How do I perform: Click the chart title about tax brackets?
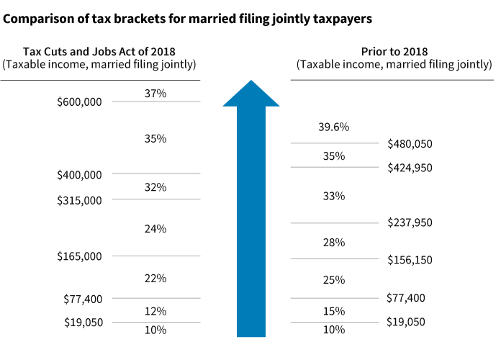coord(188,19)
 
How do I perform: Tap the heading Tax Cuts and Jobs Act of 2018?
coord(99,52)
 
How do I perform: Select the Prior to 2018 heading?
coord(394,52)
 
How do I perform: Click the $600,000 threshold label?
coord(79,102)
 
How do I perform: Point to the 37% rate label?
coord(155,94)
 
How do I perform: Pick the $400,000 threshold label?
coord(79,174)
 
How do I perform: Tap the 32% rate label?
coord(155,187)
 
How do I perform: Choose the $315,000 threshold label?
coord(79,200)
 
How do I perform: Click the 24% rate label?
coord(155,229)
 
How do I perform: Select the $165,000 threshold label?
coord(79,256)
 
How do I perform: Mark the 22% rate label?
coord(155,278)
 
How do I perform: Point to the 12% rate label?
coord(155,312)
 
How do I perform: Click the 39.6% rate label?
coord(333,127)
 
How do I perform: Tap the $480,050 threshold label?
coord(410,144)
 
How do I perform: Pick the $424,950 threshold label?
coord(410,168)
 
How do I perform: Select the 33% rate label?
coord(333,196)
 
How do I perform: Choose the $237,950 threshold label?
coord(410,223)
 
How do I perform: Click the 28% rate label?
coord(333,243)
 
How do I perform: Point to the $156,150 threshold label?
coord(410,260)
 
